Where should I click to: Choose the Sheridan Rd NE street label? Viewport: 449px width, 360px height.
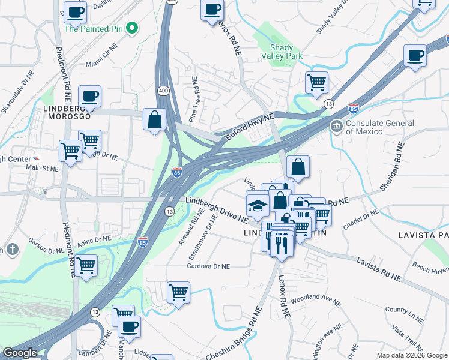pos(393,165)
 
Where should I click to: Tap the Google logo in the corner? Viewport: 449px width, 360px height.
pos(20,353)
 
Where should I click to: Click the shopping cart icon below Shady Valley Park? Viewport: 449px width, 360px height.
pos(316,82)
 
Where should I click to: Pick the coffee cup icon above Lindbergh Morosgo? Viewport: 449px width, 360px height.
pos(89,96)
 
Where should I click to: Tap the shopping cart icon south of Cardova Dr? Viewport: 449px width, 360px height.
pos(178,293)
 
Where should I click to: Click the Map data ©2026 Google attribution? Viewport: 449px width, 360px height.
pos(412,355)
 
